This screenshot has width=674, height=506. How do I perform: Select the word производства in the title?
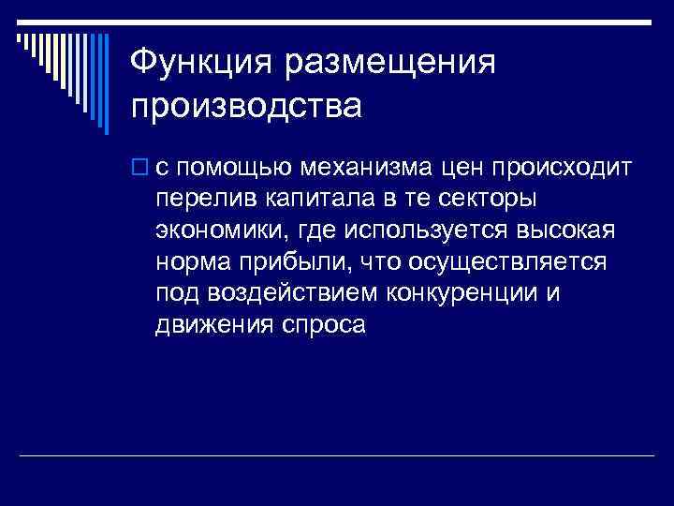(246, 105)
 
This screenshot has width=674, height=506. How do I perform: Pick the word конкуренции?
(462, 294)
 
